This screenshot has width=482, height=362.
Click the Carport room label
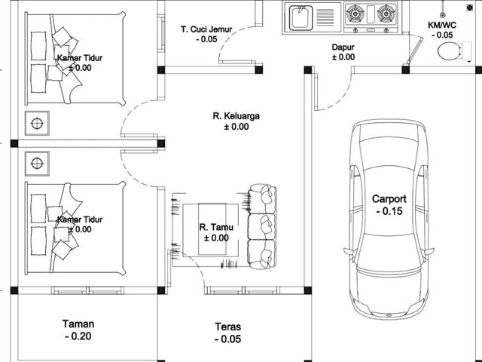tap(389, 199)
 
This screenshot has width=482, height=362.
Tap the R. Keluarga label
tap(236, 116)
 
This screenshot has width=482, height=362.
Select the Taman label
tap(78, 324)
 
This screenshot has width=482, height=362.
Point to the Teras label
tap(227, 327)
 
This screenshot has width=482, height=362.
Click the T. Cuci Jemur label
tap(206, 29)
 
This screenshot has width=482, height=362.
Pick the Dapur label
tap(343, 48)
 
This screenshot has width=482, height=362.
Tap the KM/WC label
tap(442, 25)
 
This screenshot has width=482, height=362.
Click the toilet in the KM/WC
tap(454, 51)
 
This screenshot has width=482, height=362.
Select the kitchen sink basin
tap(301, 18)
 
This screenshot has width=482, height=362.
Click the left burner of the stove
tap(355, 14)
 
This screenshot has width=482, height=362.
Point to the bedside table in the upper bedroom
tap(37, 124)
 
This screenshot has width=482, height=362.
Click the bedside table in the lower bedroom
tap(37, 164)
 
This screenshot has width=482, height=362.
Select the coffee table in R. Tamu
tap(210, 229)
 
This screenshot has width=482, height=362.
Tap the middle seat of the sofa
tap(262, 226)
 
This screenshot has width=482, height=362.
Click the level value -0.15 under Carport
tap(389, 211)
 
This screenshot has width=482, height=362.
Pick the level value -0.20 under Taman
tap(78, 336)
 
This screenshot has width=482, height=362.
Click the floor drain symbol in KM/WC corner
tap(469, 8)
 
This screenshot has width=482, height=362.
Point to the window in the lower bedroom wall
tap(87, 290)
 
